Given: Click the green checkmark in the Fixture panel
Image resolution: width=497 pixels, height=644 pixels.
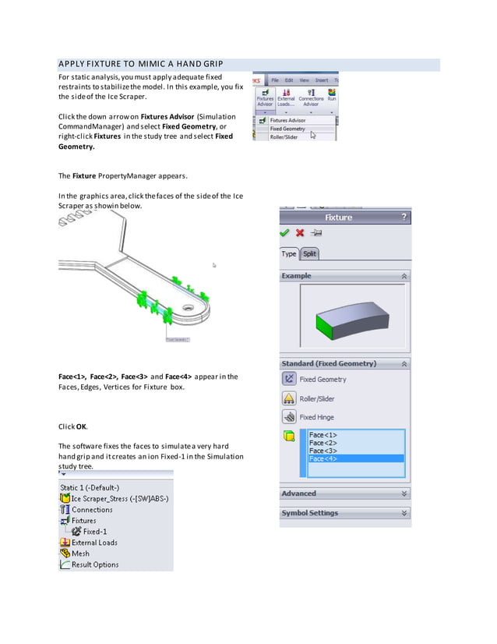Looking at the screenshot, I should click(x=285, y=233).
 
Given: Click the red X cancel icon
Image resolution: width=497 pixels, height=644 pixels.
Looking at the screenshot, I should click(x=300, y=233).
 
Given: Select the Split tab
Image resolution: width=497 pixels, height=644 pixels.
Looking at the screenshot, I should click(x=309, y=253).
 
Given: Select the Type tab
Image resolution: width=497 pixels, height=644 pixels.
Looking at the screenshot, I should click(x=289, y=253).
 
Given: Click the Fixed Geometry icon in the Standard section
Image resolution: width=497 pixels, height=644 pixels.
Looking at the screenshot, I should click(x=289, y=379).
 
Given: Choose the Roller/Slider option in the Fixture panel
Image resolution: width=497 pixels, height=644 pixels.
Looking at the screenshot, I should click(x=316, y=398).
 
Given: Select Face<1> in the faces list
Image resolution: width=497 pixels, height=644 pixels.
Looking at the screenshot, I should click(x=323, y=435).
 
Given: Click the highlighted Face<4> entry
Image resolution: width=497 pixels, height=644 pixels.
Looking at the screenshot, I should click(x=323, y=459).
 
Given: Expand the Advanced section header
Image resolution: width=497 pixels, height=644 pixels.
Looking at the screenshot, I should click(x=344, y=494).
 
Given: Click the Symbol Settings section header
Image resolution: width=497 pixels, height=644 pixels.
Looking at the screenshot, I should click(x=344, y=513).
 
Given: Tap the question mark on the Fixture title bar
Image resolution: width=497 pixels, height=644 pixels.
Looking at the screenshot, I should click(x=404, y=218).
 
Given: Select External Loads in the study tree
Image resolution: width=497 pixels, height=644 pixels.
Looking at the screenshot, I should click(x=94, y=543).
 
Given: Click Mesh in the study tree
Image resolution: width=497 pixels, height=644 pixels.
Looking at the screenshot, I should click(x=80, y=554).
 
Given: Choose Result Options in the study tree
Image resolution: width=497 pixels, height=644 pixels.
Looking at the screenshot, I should click(x=94, y=564).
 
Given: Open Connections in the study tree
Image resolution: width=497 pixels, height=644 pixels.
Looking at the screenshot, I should click(x=92, y=510).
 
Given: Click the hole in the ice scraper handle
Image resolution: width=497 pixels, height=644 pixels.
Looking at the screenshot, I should click(x=188, y=308).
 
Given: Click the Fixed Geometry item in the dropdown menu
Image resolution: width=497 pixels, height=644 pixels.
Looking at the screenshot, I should click(x=287, y=129).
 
